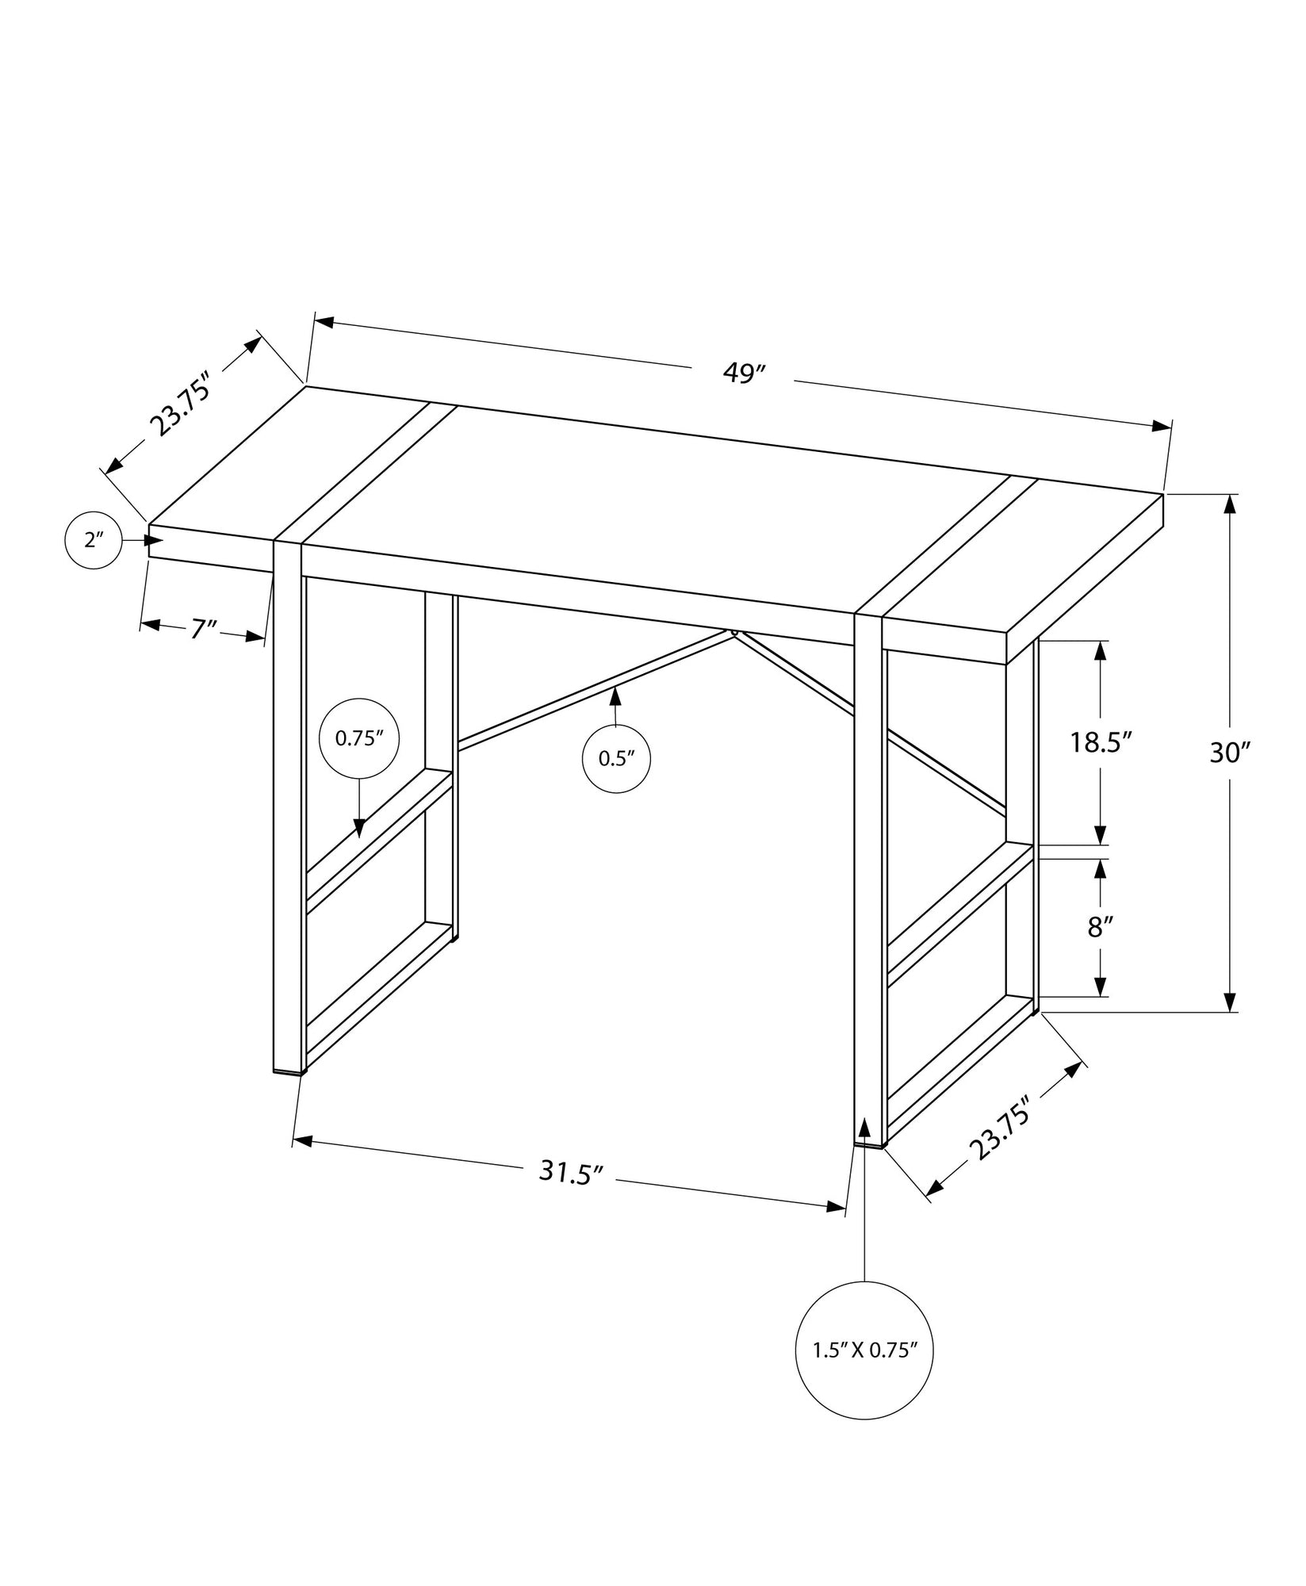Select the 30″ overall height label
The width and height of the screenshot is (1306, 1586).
tap(1229, 752)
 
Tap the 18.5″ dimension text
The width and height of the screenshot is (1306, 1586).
tap(1100, 743)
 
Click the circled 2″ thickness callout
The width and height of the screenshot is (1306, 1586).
tap(94, 541)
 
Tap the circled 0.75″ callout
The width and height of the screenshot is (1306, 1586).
tap(358, 738)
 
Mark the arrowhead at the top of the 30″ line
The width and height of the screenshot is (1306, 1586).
tap(1230, 504)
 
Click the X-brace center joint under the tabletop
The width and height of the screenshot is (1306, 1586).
tap(734, 632)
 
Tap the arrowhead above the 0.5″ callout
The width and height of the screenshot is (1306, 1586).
tap(615, 697)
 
